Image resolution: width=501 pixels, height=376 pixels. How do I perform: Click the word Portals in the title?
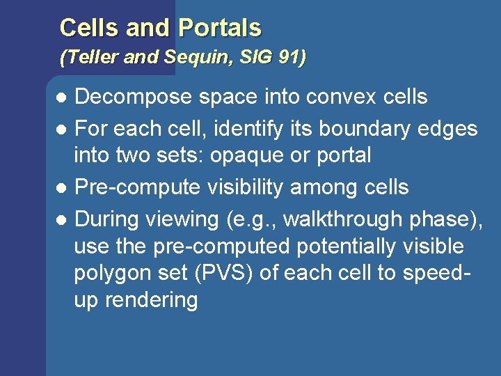point(220,28)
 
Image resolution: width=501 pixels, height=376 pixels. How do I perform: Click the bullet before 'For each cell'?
point(62,130)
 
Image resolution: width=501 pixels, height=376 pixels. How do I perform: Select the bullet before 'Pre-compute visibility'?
point(62,188)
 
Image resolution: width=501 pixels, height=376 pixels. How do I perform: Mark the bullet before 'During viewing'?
point(62,220)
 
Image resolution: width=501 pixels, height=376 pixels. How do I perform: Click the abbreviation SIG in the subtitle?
point(252,58)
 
